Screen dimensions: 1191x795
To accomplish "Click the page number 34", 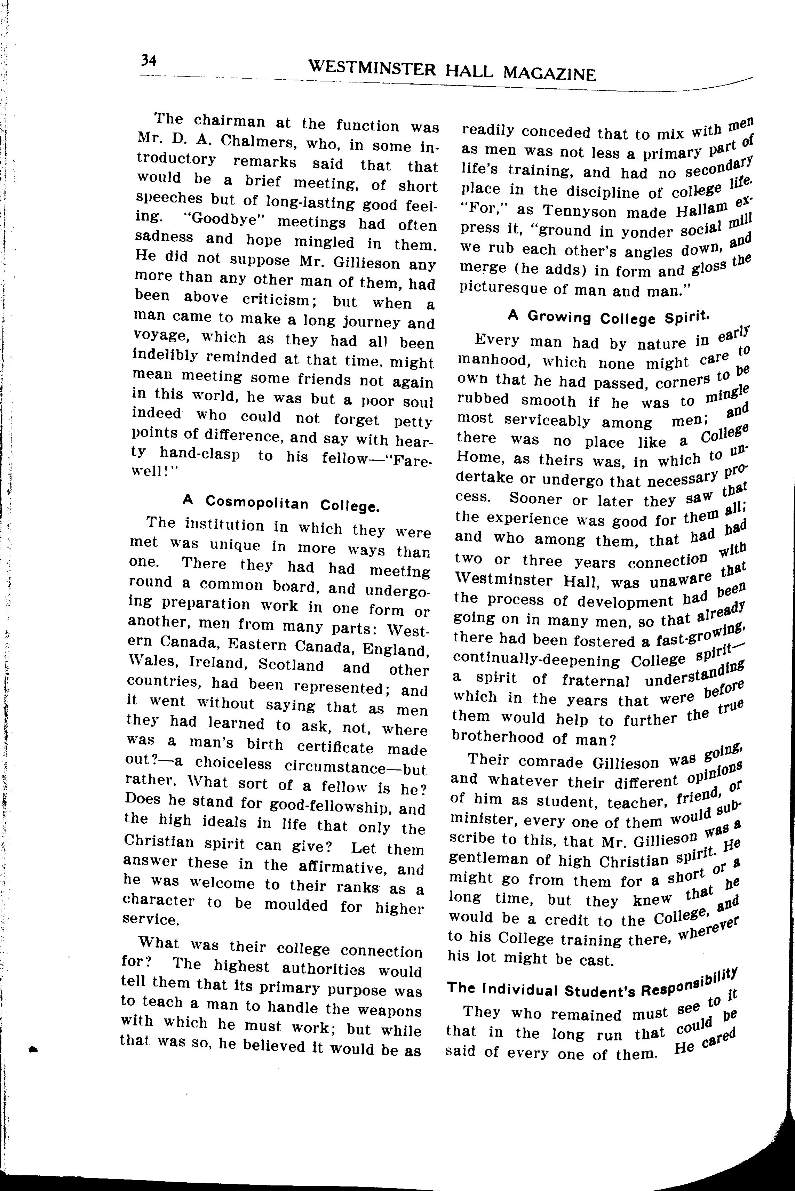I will [149, 61].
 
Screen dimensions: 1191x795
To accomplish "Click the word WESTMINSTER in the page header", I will [372, 67].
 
